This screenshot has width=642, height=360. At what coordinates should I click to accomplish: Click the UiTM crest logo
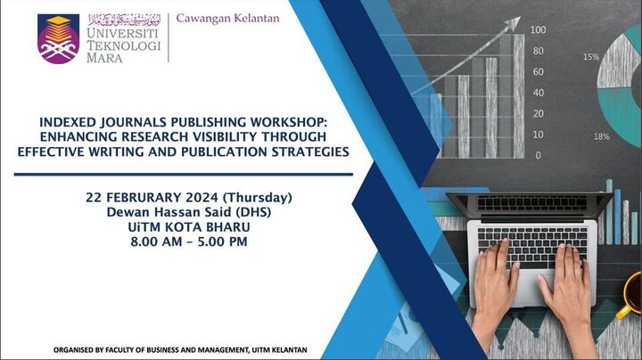[x=59, y=39]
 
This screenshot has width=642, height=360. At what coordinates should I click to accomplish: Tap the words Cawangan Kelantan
[x=228, y=18]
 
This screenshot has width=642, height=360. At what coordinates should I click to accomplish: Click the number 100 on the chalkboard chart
[x=538, y=30]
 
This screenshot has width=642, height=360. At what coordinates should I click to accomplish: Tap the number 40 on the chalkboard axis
[x=539, y=93]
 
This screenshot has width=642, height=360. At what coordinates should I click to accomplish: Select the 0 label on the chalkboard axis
[x=538, y=155]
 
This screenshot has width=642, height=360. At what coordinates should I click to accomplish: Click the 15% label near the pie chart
[x=590, y=57]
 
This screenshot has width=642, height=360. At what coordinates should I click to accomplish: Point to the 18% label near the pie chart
[x=602, y=136]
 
